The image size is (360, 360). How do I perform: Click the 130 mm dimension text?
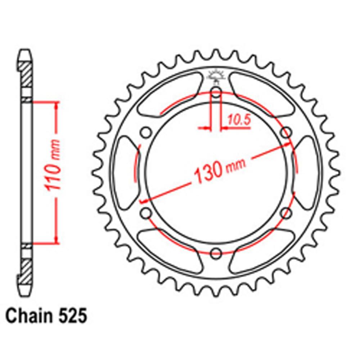click(220, 169)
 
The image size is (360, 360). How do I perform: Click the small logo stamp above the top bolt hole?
click(216, 75)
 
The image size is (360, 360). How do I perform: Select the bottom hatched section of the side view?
click(26, 268)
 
